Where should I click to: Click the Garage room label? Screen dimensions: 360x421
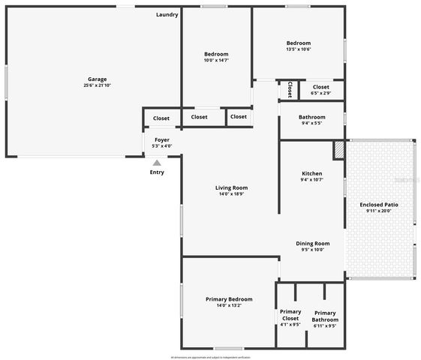tap(97, 79)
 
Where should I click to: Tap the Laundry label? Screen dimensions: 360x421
tap(167, 15)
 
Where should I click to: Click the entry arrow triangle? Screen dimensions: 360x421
tap(157, 162)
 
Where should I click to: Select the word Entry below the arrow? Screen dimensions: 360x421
tap(157, 172)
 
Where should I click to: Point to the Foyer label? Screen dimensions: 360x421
tap(162, 139)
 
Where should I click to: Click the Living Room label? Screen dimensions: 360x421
tap(232, 187)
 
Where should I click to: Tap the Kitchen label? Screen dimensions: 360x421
tap(311, 173)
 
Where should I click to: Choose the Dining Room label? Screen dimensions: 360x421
tap(312, 243)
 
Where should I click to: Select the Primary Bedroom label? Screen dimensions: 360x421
tap(229, 299)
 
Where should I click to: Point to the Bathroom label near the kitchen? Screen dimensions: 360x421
tap(312, 117)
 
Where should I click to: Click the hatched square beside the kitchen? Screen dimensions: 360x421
tap(339, 148)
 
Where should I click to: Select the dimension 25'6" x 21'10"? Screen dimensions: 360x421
tap(97, 85)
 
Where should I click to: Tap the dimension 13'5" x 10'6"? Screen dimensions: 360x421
tap(298, 49)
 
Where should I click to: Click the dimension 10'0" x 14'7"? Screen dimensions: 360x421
tap(216, 60)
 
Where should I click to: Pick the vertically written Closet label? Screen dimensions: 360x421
tap(289, 90)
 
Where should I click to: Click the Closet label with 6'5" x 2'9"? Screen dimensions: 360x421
tap(320, 87)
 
